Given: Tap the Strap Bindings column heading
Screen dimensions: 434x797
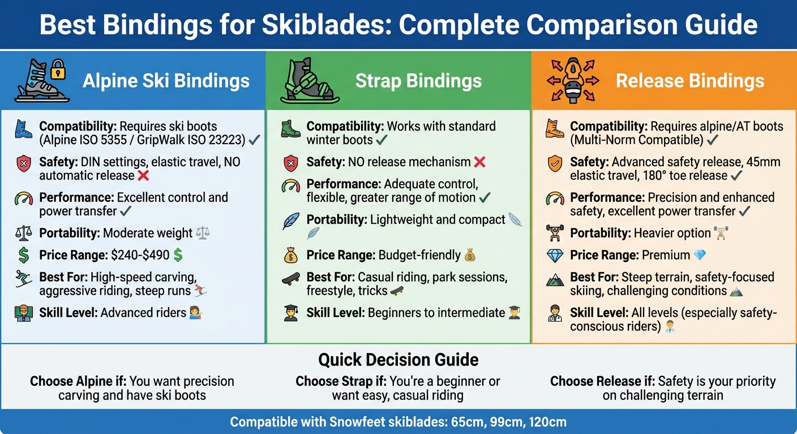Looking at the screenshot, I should (418, 81).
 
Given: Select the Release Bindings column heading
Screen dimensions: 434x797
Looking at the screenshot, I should (690, 81).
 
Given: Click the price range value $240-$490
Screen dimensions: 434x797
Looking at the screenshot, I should (140, 255).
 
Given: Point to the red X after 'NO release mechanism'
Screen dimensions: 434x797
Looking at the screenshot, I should (479, 162).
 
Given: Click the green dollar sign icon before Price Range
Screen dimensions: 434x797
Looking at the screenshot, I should (24, 255).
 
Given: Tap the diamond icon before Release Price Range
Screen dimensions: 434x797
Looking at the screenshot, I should (554, 255).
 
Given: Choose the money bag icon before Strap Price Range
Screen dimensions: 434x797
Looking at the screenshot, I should (290, 255).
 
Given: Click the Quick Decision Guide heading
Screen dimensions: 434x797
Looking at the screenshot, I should (398, 359).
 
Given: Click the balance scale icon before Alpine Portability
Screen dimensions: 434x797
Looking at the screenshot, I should (24, 233).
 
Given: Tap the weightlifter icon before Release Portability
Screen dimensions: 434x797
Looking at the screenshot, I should (554, 233).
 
